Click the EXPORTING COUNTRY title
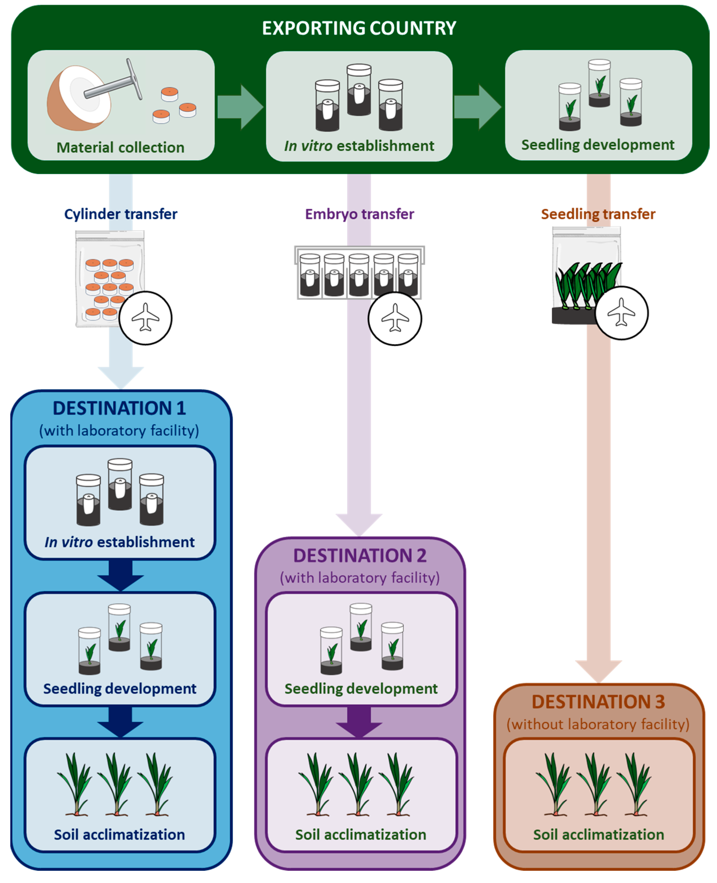358,28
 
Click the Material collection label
120,147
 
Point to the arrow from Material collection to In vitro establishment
240,107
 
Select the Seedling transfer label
597,214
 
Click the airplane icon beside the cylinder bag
145,317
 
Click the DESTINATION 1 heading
120,408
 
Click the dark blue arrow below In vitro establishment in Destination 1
120,575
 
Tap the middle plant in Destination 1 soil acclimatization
116,784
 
